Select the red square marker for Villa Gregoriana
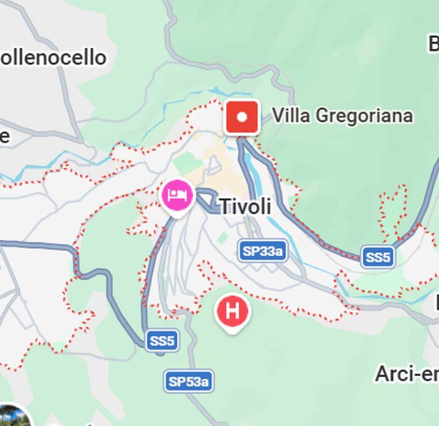242,118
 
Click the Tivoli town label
246,207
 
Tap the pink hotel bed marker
177,196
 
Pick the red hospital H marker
233,312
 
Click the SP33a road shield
263,251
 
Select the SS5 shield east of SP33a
378,257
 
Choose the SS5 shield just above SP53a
162,341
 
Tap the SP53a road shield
188,382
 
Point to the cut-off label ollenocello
53,58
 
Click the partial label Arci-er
406,374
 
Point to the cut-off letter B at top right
433,43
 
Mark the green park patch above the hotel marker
187,163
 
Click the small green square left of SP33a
223,238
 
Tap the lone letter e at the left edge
4,136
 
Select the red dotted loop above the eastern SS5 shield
392,208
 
